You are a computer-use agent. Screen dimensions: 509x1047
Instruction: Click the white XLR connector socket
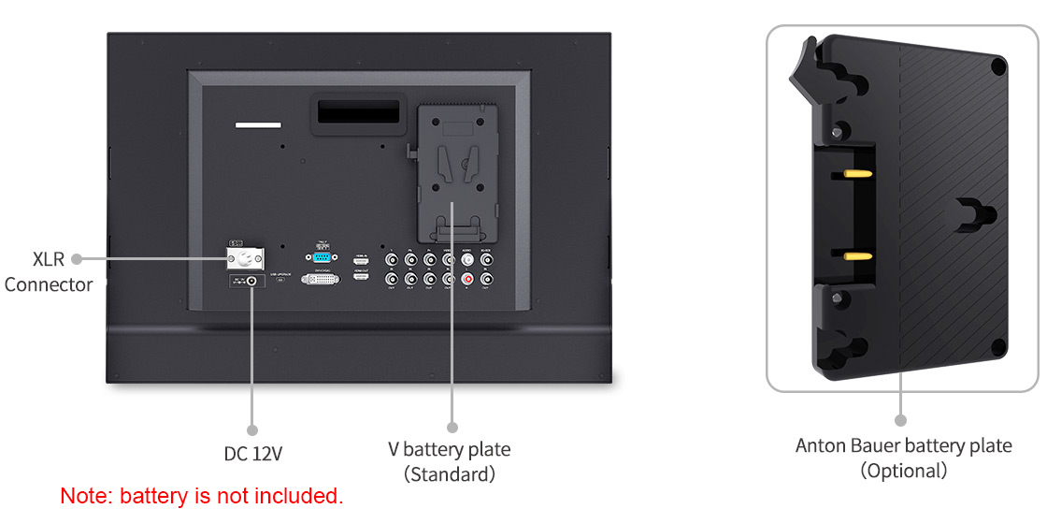click(x=247, y=259)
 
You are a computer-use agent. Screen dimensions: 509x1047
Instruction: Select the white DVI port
click(x=321, y=279)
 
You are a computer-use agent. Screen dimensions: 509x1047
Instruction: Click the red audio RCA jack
click(x=467, y=278)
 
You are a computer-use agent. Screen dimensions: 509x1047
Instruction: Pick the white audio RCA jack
click(x=467, y=261)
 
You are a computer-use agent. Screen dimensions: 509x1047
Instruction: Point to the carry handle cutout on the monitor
click(x=356, y=114)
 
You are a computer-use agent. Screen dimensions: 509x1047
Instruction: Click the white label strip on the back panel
click(x=257, y=124)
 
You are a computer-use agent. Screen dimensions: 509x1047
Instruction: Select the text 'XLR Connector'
click(x=49, y=272)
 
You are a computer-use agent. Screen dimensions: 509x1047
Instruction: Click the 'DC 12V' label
click(x=252, y=454)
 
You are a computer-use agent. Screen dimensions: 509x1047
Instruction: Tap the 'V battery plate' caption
click(x=450, y=450)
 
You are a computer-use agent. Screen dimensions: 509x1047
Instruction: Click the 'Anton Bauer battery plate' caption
click(x=903, y=445)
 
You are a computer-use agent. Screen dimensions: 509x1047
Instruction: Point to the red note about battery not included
click(x=202, y=496)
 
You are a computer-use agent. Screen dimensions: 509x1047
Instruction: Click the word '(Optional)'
click(x=903, y=471)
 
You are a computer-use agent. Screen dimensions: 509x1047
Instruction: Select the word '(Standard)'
click(x=450, y=474)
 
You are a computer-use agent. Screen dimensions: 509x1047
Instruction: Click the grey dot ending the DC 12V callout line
click(x=252, y=429)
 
